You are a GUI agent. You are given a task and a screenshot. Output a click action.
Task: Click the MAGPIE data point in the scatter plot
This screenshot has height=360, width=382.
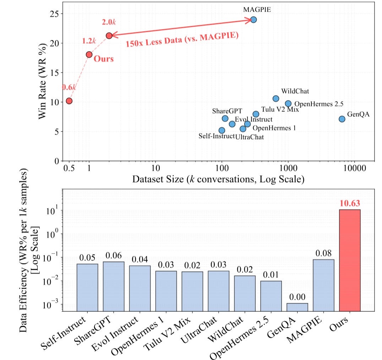253,20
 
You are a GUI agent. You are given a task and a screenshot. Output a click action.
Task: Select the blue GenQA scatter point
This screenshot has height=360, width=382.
342,119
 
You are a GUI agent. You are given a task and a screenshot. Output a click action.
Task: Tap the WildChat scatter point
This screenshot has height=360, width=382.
276,98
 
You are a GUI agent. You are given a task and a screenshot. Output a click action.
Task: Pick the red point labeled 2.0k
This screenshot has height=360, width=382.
109,36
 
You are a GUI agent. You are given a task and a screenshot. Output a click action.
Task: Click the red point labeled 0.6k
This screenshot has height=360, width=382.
69,101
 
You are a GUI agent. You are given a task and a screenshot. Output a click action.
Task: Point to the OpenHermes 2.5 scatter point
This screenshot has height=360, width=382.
288,104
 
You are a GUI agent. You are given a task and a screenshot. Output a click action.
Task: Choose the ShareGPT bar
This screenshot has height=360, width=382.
114,286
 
